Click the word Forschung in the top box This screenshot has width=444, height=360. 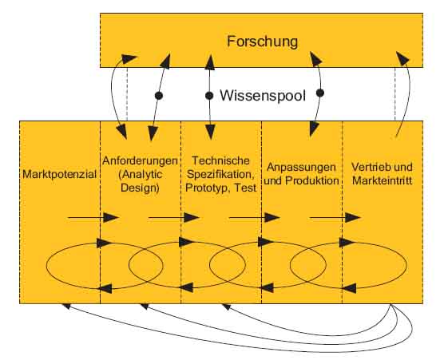pyautogui.click(x=262, y=42)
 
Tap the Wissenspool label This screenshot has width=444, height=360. pyautogui.click(x=263, y=95)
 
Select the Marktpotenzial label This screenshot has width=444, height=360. pyautogui.click(x=59, y=174)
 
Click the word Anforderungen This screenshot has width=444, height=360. pyautogui.click(x=141, y=160)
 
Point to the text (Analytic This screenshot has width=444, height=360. pyautogui.click(x=141, y=174)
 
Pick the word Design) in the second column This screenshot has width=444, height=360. pyautogui.click(x=141, y=188)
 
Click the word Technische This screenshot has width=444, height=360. pyautogui.click(x=221, y=160)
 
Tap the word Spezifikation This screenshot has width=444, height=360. pyautogui.click(x=219, y=174)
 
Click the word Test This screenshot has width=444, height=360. pyautogui.click(x=245, y=188)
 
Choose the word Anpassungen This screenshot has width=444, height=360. pyautogui.click(x=301, y=168)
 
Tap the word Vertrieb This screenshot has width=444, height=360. pyautogui.click(x=368, y=167)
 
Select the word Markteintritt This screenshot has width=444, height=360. pyautogui.click(x=383, y=180)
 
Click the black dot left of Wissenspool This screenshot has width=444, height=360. pyautogui.click(x=209, y=96)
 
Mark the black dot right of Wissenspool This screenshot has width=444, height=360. pyautogui.click(x=320, y=93)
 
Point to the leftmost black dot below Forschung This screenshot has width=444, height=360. pyautogui.click(x=159, y=96)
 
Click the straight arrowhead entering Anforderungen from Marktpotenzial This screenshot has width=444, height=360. pyautogui.click(x=111, y=218)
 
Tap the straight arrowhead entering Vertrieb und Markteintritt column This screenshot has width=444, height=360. pyautogui.click(x=353, y=218)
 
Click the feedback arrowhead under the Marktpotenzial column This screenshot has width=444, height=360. pyautogui.click(x=66, y=307)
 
